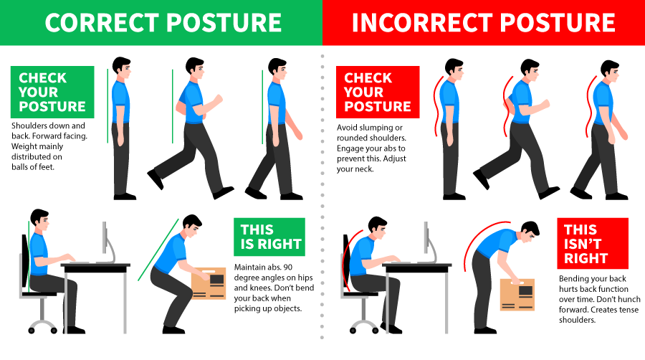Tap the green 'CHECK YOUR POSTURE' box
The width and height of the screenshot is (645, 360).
pyautogui.click(x=52, y=92)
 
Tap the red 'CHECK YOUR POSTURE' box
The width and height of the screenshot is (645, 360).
pyautogui.click(x=378, y=92)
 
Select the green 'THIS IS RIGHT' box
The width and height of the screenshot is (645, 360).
pyautogui.click(x=269, y=237)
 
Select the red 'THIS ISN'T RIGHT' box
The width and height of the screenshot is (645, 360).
pyautogui.click(x=593, y=243)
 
